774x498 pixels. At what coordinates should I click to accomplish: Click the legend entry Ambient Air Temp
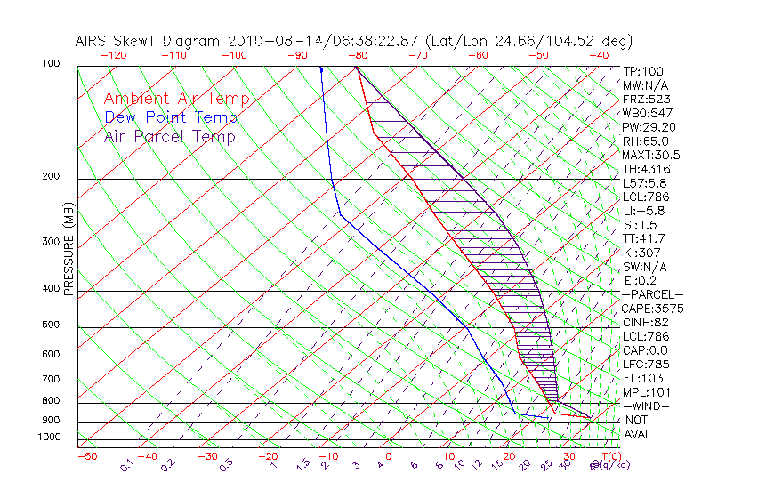click(x=176, y=99)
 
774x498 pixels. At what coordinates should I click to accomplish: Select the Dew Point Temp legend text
click(x=171, y=117)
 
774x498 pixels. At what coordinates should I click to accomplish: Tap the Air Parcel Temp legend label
click(x=170, y=136)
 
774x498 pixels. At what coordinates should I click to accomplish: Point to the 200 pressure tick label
click(x=52, y=176)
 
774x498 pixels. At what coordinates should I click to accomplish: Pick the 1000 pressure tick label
click(x=49, y=437)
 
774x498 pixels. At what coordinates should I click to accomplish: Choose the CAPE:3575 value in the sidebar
click(x=652, y=309)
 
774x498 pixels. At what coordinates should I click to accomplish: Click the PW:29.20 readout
click(x=649, y=127)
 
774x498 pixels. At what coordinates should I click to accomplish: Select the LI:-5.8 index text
click(x=643, y=211)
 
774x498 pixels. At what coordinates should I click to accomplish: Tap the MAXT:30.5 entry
click(x=652, y=155)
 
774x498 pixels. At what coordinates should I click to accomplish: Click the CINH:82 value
click(x=646, y=322)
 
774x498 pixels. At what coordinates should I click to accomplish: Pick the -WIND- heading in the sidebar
click(x=646, y=406)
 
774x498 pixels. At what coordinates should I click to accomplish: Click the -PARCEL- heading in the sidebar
click(x=652, y=294)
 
